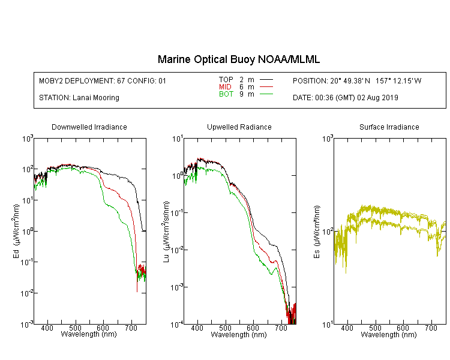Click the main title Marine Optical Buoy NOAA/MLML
(x=238, y=59)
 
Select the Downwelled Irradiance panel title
(x=89, y=127)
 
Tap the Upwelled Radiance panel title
(x=239, y=127)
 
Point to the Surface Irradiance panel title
(x=389, y=127)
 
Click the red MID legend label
(x=225, y=86)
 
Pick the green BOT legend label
(x=226, y=94)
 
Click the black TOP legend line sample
(x=266, y=80)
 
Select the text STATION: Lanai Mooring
(x=79, y=98)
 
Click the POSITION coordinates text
(x=357, y=81)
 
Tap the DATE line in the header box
(x=346, y=98)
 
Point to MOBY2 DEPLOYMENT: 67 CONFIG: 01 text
(x=103, y=81)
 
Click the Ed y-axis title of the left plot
(x=16, y=231)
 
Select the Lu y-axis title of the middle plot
(x=166, y=232)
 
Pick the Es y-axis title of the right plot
(x=316, y=232)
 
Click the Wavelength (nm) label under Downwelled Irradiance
(x=89, y=334)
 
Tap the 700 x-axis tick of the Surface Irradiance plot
(x=431, y=328)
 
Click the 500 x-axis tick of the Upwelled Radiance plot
(x=225, y=328)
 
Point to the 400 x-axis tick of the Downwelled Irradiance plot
(x=47, y=328)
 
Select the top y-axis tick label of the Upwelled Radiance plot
(x=177, y=139)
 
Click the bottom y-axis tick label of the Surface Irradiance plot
(x=327, y=325)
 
